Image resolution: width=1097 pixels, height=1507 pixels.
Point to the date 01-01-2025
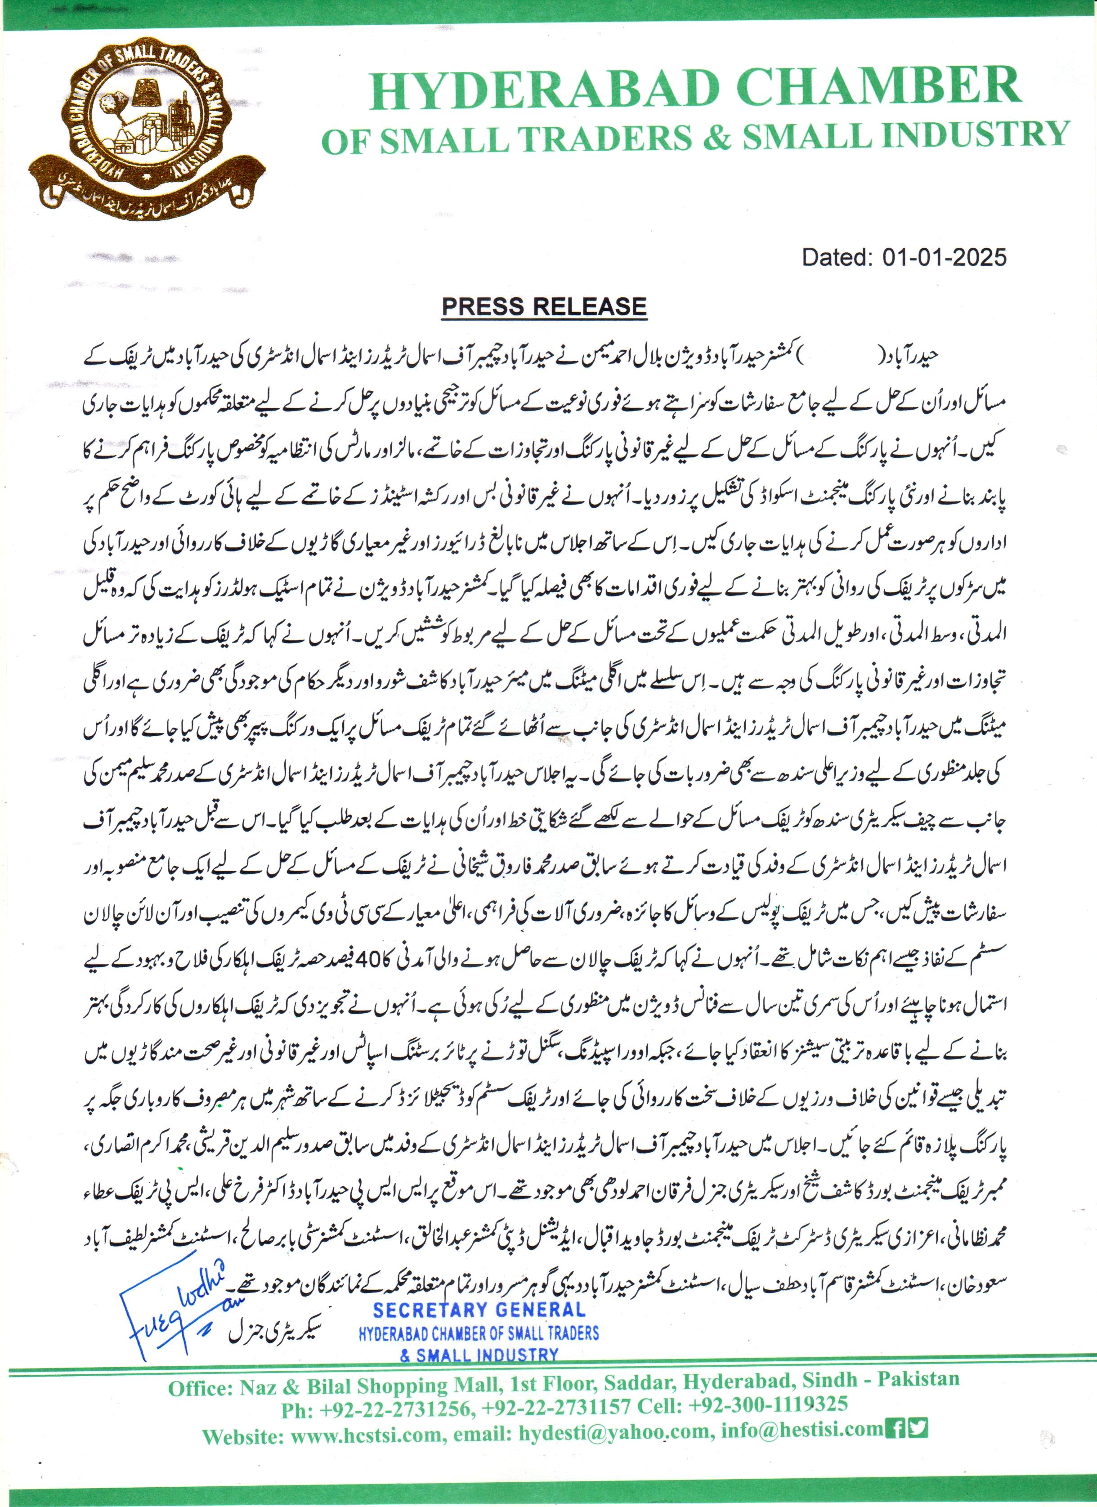tap(944, 257)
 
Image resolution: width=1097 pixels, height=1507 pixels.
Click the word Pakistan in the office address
tap(918, 1379)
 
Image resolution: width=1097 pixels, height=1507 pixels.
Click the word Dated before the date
tap(836, 257)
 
